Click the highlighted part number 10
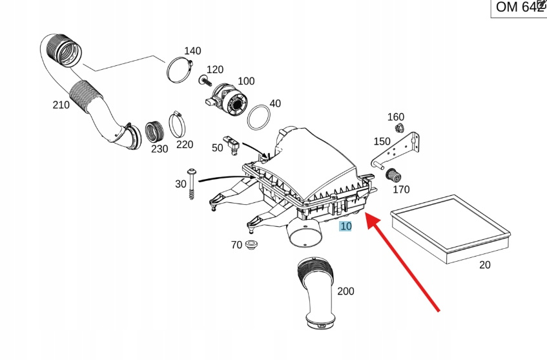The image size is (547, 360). [346, 226]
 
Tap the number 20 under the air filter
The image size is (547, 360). [485, 264]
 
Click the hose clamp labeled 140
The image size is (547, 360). [178, 70]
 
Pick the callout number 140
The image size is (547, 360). [192, 51]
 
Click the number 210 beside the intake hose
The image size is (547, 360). [61, 105]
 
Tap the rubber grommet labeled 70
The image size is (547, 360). [251, 245]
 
